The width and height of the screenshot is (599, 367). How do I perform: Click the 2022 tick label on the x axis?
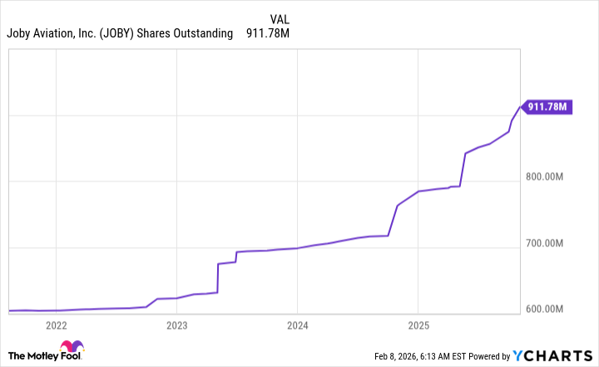tap(56, 325)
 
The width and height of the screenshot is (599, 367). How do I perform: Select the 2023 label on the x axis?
tap(176, 325)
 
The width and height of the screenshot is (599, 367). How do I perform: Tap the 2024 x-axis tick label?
tap(298, 325)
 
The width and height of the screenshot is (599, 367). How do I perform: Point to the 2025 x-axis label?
tap(418, 325)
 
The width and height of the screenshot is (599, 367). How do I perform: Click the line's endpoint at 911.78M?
tap(521, 107)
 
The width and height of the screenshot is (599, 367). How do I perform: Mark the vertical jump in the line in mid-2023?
tap(217, 279)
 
